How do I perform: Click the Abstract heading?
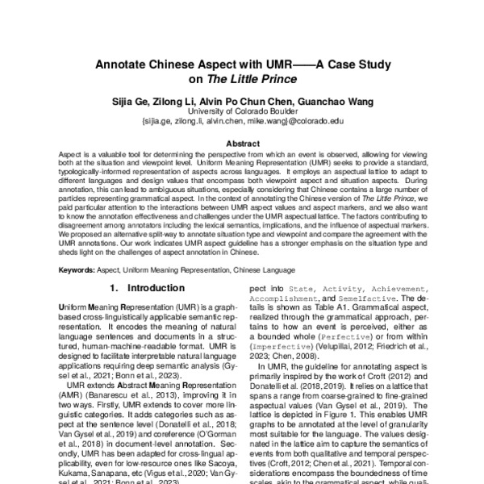[x=242, y=140]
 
